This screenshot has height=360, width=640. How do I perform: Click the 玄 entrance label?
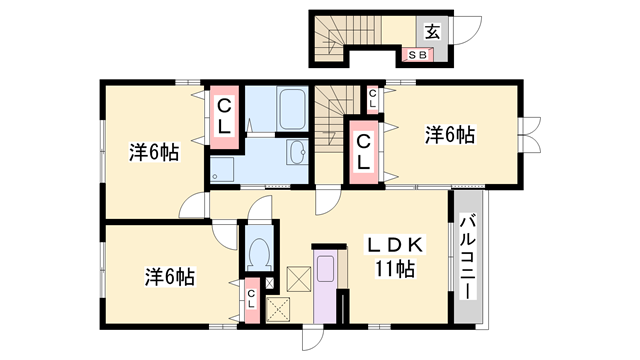[431, 31]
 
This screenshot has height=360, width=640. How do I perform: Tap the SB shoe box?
[418, 55]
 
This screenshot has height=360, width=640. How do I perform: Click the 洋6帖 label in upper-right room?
[449, 132]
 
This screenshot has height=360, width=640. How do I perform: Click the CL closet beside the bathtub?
[225, 116]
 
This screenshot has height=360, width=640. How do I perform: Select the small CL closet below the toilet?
[251, 298]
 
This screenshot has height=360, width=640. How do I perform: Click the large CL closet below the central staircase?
[364, 149]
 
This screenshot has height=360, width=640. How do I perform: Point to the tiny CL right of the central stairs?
[372, 97]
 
